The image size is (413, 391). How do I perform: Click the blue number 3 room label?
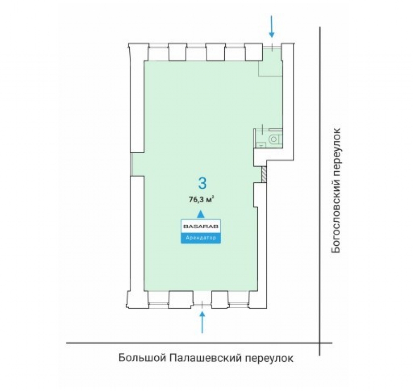[202, 183]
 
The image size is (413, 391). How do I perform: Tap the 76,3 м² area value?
[201, 199]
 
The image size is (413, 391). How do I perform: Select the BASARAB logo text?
[201, 226]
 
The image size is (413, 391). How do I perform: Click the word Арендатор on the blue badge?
[201, 238]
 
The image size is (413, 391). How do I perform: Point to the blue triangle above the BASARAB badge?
[201, 214]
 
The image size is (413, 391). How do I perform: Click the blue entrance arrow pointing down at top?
[272, 27]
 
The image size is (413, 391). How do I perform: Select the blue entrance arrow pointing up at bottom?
[202, 322]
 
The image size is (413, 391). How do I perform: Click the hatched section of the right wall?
[264, 174]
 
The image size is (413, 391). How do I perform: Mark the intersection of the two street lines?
[320, 343]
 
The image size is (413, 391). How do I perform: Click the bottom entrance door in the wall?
[202, 305]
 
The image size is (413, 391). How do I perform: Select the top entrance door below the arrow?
[272, 47]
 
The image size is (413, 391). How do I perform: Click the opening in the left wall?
[137, 164]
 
